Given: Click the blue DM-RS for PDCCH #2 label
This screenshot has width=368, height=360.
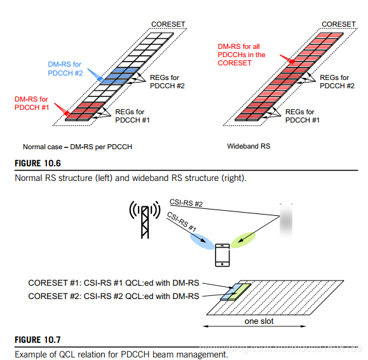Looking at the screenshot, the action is (65, 69).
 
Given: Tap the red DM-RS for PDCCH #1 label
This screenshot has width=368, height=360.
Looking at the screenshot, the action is (32, 103).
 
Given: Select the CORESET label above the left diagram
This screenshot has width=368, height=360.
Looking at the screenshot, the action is (168, 24).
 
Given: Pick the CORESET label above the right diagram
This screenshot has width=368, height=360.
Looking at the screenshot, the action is (338, 24).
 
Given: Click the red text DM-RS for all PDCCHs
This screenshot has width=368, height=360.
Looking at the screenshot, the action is (242, 55).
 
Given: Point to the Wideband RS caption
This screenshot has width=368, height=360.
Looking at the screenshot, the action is (249, 146).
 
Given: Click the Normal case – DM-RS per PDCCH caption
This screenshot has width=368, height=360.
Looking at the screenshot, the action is (78, 147).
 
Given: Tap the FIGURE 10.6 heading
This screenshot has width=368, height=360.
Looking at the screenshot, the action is (37, 163).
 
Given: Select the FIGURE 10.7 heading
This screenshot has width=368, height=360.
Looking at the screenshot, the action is (37, 340).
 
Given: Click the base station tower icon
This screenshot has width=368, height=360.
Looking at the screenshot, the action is (145, 220).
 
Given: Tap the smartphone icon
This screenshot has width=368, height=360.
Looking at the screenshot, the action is (222, 255).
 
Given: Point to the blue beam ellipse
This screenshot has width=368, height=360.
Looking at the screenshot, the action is (202, 241).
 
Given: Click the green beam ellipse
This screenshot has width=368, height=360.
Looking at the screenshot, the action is (243, 240).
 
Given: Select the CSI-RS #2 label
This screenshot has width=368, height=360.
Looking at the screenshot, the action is (186, 203).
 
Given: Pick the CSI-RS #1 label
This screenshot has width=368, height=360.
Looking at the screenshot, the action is (182, 222).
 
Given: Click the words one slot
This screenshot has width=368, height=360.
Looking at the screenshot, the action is (259, 321).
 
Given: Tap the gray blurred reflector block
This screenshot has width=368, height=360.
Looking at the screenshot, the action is (286, 221).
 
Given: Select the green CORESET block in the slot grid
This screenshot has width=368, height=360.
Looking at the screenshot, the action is (240, 292).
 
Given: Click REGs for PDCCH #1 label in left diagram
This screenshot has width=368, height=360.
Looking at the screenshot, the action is (132, 116).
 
